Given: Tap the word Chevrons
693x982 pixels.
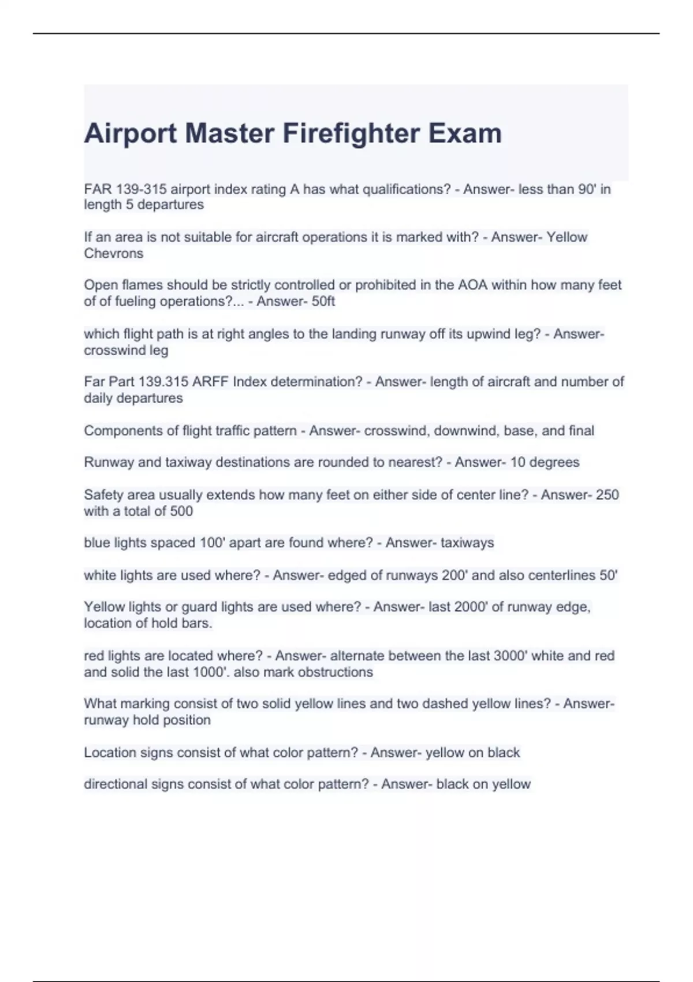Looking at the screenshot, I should click(113, 253).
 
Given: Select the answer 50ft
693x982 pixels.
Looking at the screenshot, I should click(323, 301).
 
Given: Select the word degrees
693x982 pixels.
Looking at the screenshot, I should click(554, 462).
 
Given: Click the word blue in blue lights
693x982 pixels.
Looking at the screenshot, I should click(96, 543).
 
